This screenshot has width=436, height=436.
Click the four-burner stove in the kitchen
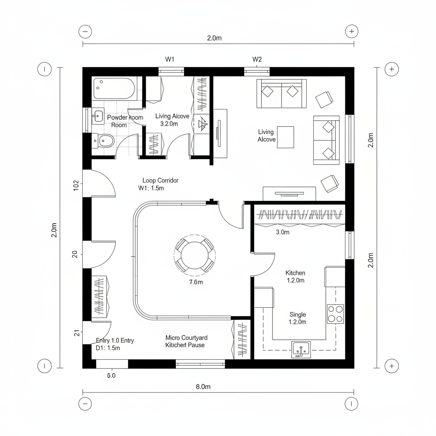coord(336,314)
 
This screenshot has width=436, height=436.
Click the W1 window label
coord(169,59)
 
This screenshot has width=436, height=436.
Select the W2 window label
coord(257,59)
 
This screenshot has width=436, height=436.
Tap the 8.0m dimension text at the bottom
coord(203,387)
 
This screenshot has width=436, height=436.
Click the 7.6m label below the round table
coord(196,282)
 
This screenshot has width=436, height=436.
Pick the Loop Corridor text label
coord(160,181)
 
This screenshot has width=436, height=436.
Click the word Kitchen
coord(295,272)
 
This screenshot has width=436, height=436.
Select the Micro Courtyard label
coord(186,338)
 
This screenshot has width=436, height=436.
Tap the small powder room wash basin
coord(98,115)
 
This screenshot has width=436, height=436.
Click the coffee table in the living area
coord(285,137)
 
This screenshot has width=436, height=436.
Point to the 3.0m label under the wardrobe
coord(283,232)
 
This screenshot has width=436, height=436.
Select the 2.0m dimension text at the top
coord(214,38)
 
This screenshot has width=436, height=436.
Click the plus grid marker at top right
coord(351,31)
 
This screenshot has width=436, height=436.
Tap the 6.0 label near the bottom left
coord(111,376)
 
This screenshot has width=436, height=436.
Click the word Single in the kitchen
coord(297,314)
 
